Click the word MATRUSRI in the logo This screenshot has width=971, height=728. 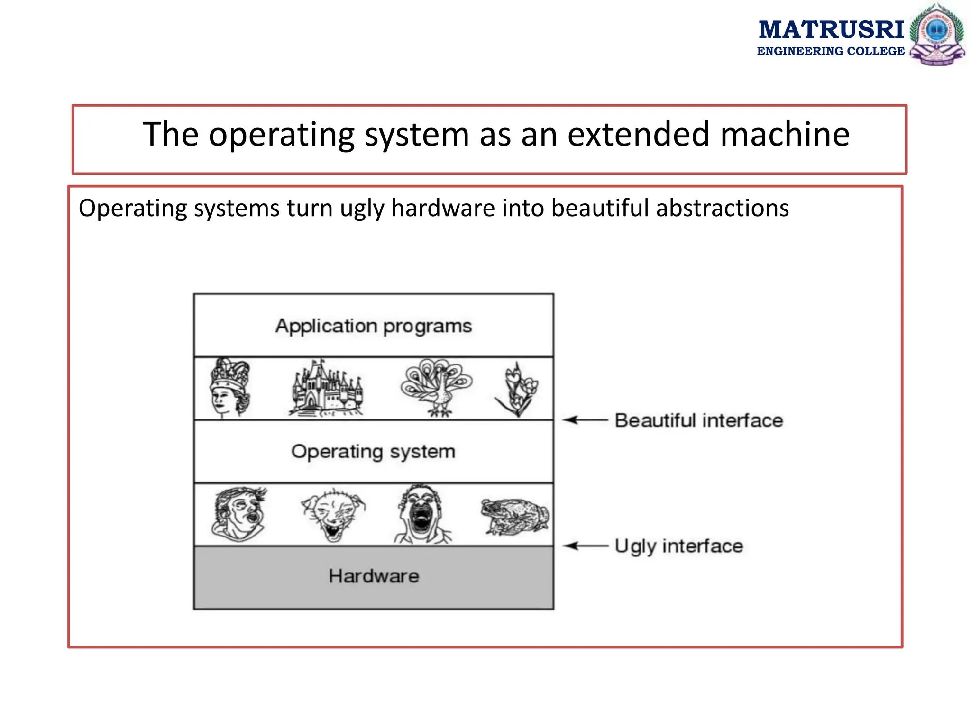pos(831,30)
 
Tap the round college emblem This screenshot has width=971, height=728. pos(937,34)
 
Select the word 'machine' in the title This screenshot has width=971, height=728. pos(785,134)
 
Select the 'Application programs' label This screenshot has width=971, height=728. pos(374,326)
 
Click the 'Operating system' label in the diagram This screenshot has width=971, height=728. pos(374,452)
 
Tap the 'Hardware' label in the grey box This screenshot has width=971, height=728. pos(374,576)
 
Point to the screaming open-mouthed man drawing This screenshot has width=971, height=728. pos(421,515)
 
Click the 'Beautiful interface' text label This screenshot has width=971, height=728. pos(699,420)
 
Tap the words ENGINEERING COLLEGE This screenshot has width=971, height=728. pos(831,51)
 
